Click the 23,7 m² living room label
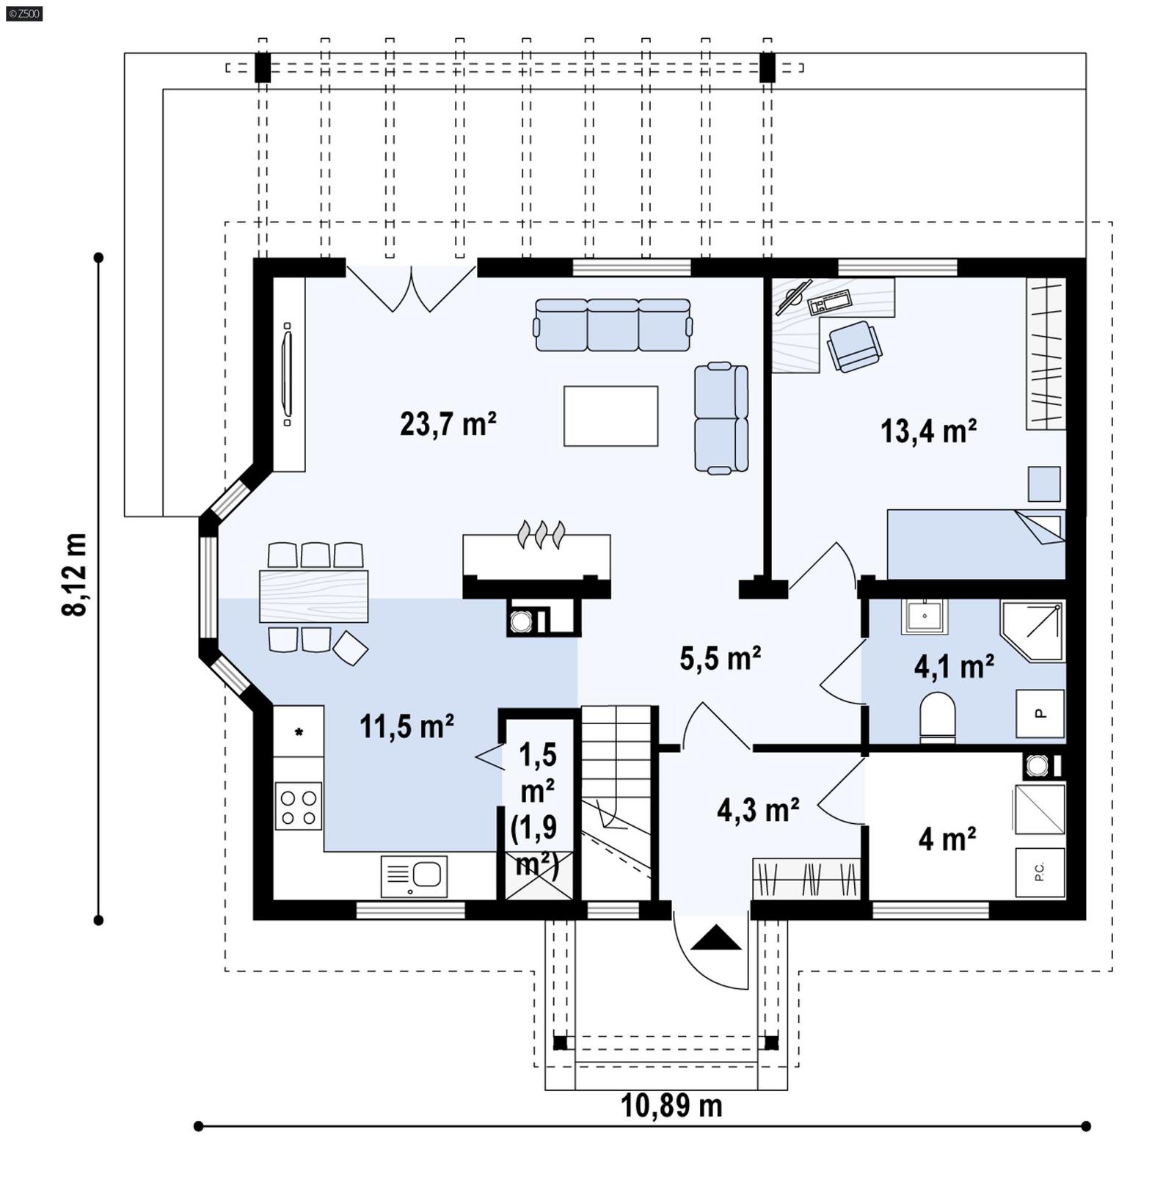(448, 424)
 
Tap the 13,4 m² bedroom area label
(928, 431)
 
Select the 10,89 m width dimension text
(671, 1106)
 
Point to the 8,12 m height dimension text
(75, 574)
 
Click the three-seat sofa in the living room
(613, 325)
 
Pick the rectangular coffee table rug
(610, 416)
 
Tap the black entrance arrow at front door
(716, 938)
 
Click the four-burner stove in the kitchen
(299, 806)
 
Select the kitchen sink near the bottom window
(415, 876)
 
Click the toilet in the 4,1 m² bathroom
(937, 716)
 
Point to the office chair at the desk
(854, 346)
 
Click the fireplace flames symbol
(542, 534)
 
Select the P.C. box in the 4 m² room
(1040, 872)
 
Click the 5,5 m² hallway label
(720, 658)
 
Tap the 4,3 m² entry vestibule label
(758, 810)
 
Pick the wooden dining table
(313, 596)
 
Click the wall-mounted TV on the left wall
(287, 374)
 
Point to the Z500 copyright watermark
(23, 13)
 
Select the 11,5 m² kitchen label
(406, 726)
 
